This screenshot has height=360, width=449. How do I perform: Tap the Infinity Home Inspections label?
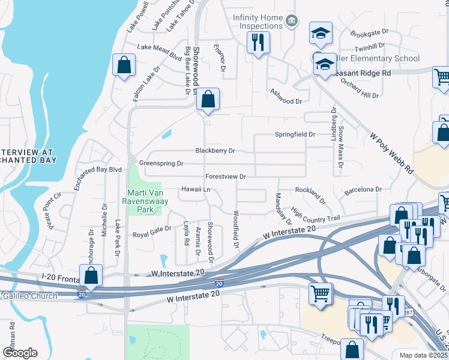point(257,22)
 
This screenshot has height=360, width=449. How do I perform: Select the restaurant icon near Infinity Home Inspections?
point(259,43)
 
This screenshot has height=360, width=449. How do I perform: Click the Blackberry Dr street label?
point(215,151)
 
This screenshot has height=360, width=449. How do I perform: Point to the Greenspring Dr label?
point(161,163)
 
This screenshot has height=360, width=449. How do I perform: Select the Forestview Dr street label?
point(226,177)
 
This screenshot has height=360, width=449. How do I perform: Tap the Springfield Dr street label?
point(295,134)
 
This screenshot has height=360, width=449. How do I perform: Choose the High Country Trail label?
point(315,214)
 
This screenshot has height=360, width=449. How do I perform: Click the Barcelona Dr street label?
point(363,190)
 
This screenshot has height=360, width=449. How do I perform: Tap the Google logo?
point(20,352)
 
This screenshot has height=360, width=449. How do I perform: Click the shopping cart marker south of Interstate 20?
point(321,294)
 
